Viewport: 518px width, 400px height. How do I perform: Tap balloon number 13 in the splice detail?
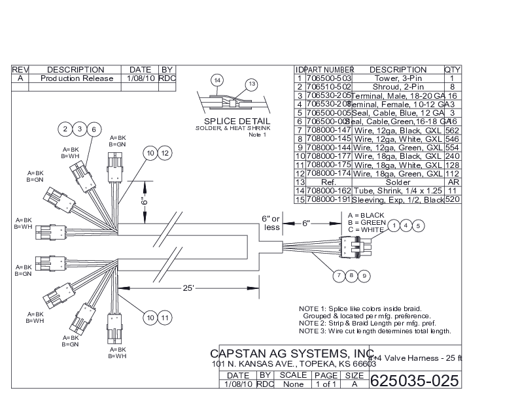(251, 84)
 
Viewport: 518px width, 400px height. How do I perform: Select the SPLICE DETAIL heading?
(237, 121)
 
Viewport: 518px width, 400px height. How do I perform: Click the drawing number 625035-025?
(414, 381)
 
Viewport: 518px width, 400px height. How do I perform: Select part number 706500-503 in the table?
(329, 78)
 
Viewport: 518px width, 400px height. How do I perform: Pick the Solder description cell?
(398, 182)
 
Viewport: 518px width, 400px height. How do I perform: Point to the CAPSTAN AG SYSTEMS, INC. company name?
(291, 354)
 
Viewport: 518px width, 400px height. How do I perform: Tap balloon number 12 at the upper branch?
(164, 153)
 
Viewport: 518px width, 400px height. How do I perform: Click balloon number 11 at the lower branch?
(164, 318)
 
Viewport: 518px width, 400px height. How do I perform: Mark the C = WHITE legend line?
(366, 229)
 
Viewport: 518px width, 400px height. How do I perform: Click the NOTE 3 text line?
(375, 331)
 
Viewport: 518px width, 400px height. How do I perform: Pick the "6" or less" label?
(271, 222)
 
